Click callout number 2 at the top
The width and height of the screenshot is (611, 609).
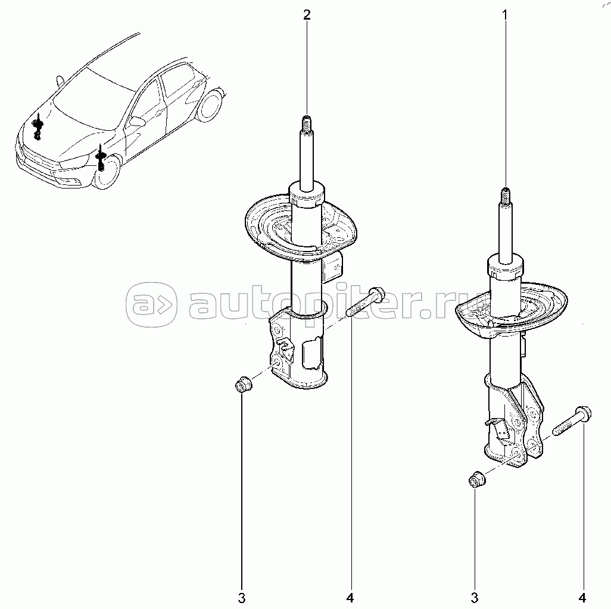click(307, 15)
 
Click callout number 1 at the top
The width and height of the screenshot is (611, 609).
click(504, 15)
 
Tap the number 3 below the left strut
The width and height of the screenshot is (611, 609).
click(242, 598)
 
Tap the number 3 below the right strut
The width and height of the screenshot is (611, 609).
click(474, 598)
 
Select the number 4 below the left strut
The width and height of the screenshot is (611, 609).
click(350, 598)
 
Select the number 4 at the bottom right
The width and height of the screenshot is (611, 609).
click(582, 598)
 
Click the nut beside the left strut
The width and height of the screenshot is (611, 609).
click(244, 385)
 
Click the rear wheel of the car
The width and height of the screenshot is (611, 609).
click(211, 105)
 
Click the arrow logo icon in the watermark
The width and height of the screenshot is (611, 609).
click(151, 304)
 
